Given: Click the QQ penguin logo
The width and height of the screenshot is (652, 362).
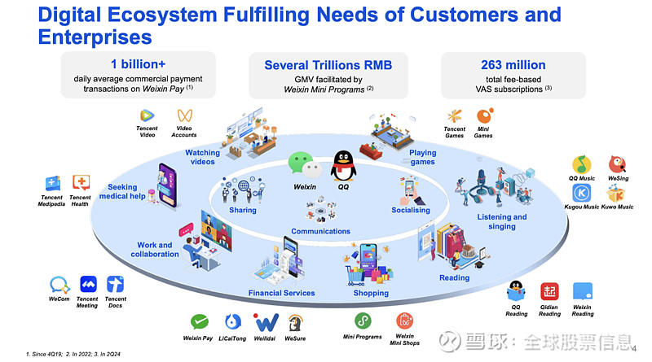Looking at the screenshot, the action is point(343,165).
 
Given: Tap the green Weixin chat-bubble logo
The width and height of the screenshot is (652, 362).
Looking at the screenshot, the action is point(306,165).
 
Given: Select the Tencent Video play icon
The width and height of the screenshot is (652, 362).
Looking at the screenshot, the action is point(147,116).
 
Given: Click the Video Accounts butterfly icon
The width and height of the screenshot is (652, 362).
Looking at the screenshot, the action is point(185,116).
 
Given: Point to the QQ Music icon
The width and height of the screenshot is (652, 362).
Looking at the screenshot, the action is point(581,164).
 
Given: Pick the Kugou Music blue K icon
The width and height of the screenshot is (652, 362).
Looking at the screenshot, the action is point(581,193).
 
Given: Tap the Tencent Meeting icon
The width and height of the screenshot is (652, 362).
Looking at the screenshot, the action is point(88,285).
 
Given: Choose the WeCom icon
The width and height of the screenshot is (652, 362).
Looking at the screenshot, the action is point(59,285).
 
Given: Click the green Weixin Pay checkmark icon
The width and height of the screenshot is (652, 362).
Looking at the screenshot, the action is point(199,321).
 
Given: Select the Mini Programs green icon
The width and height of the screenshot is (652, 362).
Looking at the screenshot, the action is point(363,321).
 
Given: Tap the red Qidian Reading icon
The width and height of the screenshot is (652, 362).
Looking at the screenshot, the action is point(549,291).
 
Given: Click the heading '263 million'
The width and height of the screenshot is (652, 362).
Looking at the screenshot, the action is point(513,65).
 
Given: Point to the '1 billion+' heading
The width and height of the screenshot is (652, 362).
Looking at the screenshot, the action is point(138,64).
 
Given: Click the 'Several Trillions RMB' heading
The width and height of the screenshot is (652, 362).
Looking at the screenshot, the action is point(328,65).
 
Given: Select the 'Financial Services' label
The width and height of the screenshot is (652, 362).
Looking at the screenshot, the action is point(281,293).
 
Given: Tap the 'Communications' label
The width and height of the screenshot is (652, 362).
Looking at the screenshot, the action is point(320,231).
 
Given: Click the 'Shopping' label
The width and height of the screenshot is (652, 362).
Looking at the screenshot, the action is point(371,293).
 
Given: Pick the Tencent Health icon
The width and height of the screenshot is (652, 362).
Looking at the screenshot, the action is point(81,183).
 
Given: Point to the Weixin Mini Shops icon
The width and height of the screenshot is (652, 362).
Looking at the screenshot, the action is point(404,321).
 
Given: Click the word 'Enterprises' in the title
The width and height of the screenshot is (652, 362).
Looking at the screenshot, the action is point(95,37).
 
